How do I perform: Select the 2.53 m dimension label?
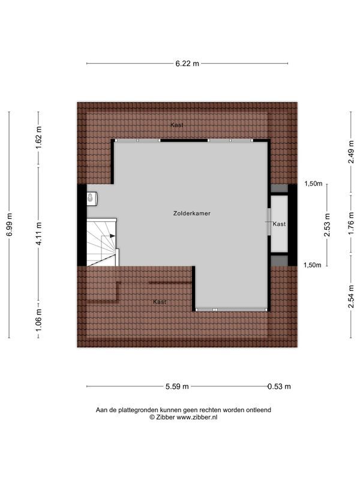327,224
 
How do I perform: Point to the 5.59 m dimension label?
177,386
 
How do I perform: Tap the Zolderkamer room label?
191,213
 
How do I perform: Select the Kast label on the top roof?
176,125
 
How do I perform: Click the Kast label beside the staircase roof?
159,301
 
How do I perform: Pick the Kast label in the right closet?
279,224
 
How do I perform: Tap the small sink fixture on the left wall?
91,197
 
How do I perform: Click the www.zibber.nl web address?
196,417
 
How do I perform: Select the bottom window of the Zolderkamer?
231,310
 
